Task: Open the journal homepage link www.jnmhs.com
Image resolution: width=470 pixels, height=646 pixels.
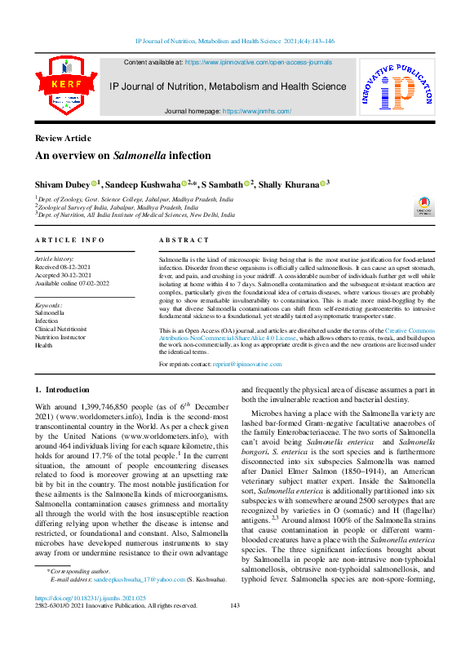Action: point(256,111)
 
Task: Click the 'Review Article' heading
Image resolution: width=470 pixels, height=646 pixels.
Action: point(63,138)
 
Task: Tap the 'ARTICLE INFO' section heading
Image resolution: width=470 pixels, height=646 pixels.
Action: point(70,240)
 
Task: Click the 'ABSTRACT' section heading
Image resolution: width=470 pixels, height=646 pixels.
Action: point(181,240)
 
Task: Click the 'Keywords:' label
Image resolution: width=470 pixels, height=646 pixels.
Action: point(51,304)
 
